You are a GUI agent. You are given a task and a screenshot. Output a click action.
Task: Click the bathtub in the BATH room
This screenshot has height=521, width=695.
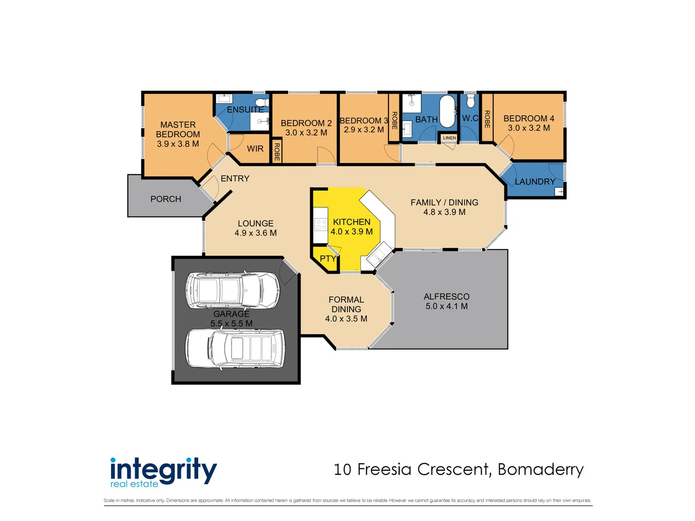(x=447, y=111)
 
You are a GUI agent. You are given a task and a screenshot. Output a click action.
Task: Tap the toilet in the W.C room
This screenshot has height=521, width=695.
(x=471, y=101)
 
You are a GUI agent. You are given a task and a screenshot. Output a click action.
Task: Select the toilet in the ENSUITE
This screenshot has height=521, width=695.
(x=262, y=102)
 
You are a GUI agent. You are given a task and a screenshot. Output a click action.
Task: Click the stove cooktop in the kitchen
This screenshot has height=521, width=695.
(x=321, y=224)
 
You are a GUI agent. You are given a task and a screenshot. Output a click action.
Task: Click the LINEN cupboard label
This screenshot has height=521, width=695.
(x=449, y=138)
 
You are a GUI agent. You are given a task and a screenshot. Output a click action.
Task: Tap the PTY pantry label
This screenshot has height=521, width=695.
(x=328, y=259)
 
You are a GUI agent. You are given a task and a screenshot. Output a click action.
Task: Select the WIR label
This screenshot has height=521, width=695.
(x=255, y=149)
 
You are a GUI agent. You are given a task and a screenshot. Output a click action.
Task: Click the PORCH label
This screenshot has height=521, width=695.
(x=166, y=199)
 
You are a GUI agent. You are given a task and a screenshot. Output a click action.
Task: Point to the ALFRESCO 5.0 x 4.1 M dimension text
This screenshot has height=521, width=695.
(x=446, y=306)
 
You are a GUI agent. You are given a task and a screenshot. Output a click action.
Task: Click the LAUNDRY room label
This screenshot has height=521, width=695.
(x=535, y=182)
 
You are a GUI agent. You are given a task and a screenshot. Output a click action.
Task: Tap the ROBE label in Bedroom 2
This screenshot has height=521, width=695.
(x=277, y=151)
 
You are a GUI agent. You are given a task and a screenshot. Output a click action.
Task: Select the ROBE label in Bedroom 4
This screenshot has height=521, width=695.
(x=487, y=119)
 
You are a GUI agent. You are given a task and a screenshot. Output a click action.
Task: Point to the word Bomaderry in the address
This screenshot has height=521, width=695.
(x=541, y=469)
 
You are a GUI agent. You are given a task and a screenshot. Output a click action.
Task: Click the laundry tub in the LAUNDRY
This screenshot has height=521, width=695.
(x=560, y=192)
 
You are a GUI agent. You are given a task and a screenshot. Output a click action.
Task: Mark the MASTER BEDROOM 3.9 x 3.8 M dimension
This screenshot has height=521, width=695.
(x=178, y=144)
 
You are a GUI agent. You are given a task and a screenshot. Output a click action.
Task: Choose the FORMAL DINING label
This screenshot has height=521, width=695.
(x=346, y=304)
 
